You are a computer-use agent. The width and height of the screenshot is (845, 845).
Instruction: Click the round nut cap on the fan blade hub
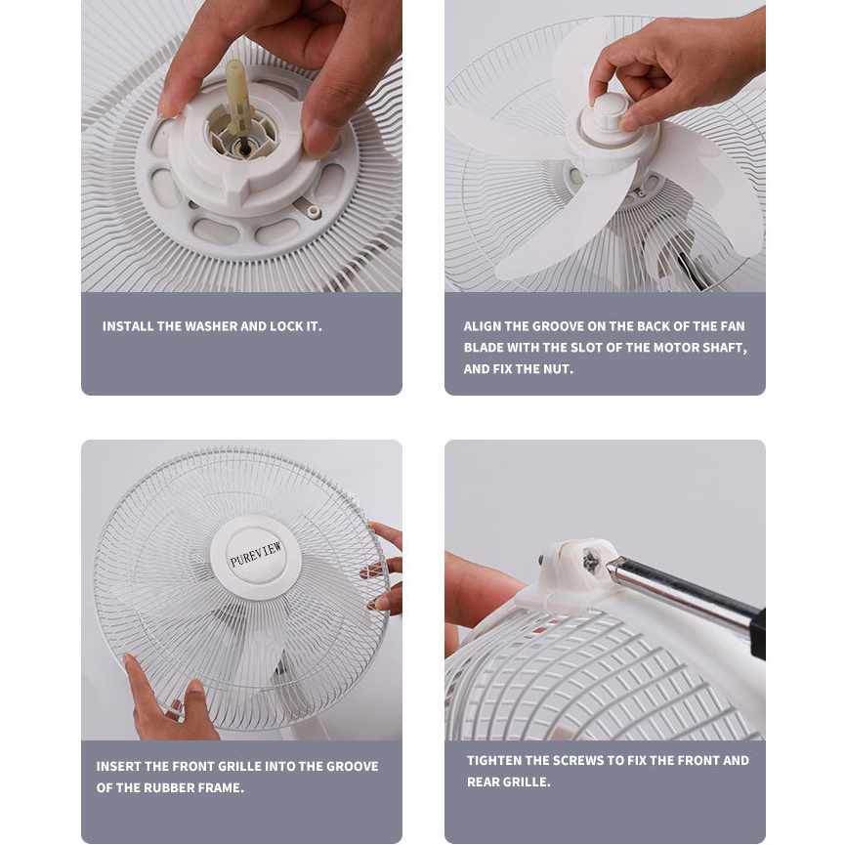610,115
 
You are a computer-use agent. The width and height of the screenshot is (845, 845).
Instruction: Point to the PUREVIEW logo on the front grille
255,555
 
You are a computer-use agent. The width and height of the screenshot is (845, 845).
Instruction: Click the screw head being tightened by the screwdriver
592,562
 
